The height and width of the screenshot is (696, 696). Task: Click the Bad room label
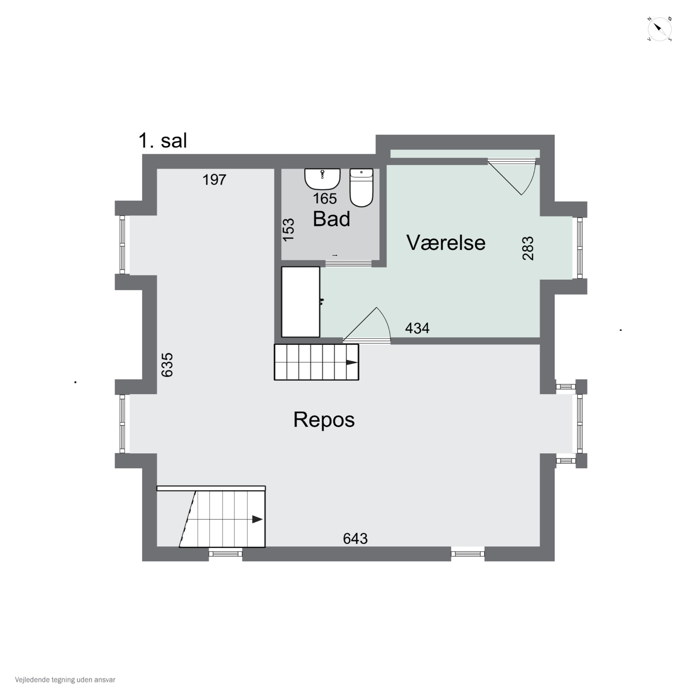click(x=331, y=219)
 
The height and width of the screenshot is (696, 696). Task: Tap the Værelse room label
click(x=446, y=242)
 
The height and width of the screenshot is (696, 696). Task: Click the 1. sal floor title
click(x=163, y=141)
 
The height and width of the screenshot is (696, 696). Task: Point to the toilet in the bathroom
click(x=361, y=187)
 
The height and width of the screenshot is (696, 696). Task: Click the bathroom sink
click(x=322, y=179)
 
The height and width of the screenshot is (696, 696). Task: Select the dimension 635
click(x=167, y=365)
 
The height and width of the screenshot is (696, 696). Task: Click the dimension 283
click(x=528, y=248)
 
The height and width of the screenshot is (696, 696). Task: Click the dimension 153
click(x=288, y=230)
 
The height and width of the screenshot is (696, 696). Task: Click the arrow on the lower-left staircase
click(x=257, y=519)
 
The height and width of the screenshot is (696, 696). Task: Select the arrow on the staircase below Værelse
click(x=351, y=362)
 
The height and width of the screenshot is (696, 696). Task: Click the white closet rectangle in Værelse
click(x=301, y=302)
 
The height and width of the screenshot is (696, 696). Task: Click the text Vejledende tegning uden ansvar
click(x=65, y=680)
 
